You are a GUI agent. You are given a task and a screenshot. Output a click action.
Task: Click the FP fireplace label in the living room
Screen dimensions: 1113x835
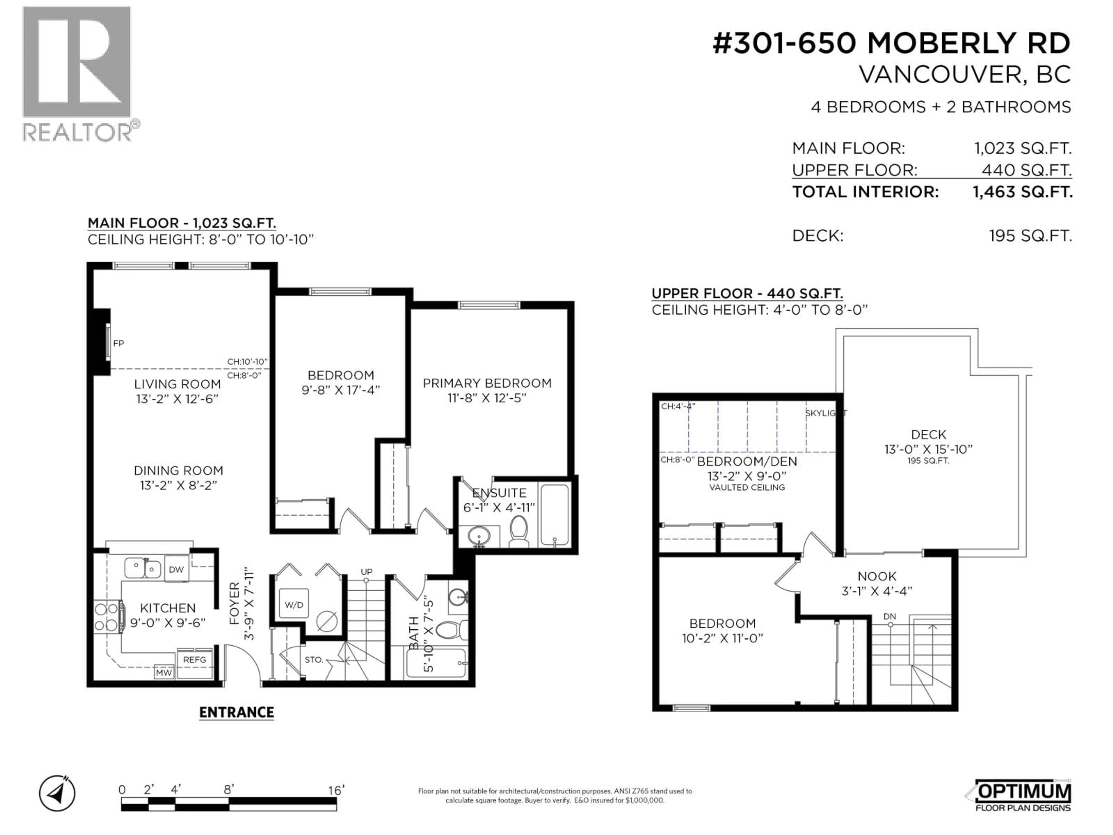pyautogui.click(x=118, y=343)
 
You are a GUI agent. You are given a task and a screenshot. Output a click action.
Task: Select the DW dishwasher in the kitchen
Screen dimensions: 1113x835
pyautogui.click(x=176, y=569)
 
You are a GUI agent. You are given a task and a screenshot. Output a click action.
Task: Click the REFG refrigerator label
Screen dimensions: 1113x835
pyautogui.click(x=194, y=659)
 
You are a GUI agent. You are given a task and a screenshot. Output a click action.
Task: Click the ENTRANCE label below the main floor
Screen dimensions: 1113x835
pyautogui.click(x=237, y=712)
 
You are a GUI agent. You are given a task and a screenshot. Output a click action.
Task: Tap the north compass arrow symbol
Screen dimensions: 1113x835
pyautogui.click(x=57, y=794)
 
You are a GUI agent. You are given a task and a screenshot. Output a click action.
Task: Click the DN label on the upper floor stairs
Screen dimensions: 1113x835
pyautogui.click(x=890, y=617)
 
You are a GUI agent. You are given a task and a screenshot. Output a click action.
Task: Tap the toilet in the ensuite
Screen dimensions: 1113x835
pyautogui.click(x=519, y=531)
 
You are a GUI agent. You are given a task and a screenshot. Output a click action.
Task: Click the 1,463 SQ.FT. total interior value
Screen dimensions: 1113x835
pyautogui.click(x=1023, y=192)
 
